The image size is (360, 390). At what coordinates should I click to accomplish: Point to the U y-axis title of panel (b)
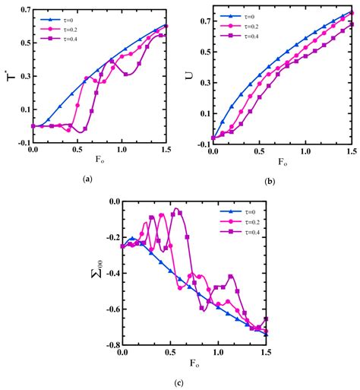(190, 75)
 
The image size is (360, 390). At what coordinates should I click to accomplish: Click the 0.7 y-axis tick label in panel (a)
(22, 10)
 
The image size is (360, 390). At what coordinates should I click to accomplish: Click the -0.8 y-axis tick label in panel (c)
(112, 345)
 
